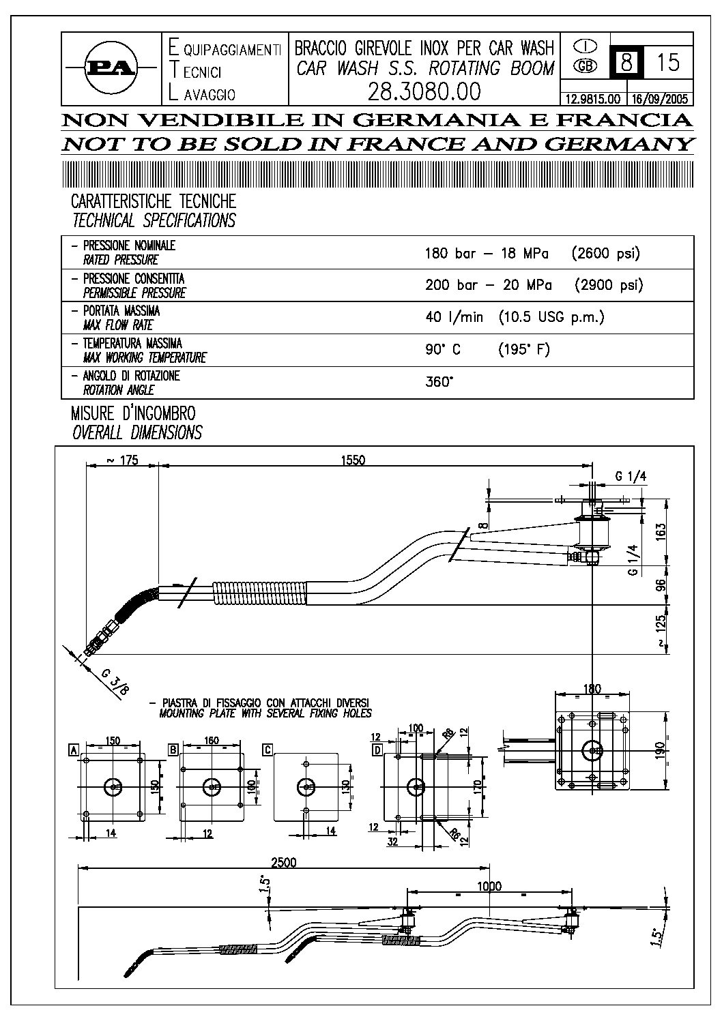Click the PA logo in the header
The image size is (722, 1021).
110,68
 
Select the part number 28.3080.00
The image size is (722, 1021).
424,91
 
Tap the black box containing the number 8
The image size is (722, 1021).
625,62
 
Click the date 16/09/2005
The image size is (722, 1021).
659,98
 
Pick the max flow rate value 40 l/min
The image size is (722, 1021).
454,317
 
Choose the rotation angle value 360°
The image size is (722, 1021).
439,382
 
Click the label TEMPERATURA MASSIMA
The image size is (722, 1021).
132,343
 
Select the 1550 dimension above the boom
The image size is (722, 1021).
353,460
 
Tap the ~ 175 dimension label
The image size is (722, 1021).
122,460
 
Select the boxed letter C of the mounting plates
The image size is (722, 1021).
268,750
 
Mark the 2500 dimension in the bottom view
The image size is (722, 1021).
283,862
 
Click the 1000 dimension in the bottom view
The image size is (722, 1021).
489,886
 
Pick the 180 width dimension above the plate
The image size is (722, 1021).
592,688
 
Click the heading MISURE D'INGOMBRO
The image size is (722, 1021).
133,413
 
